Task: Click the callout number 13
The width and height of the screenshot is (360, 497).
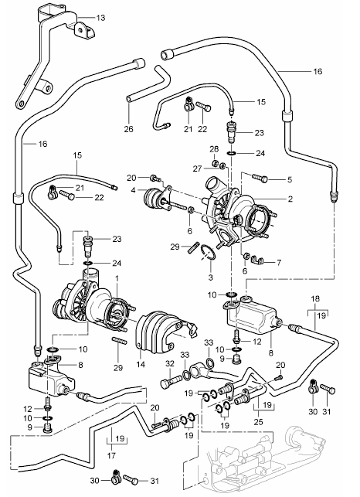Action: pos(100,18)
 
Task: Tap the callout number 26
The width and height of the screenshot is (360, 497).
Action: pos(129,129)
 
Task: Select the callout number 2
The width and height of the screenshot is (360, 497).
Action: pos(290,199)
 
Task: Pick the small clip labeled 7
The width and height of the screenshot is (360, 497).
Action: pos(258,260)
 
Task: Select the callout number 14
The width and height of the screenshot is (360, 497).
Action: pos(141,365)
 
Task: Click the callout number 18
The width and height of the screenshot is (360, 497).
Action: pos(315,298)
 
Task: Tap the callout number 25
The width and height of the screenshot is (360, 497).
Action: pos(259,422)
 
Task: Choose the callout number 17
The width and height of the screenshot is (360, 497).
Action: pos(111,456)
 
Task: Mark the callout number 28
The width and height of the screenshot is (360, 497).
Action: pos(214,149)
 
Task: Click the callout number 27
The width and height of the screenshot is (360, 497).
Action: pos(197,169)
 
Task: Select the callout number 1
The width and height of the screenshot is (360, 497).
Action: pos(117,278)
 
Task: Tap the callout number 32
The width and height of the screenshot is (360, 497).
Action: pos(170,363)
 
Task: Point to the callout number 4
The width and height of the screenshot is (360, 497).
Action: pos(133,190)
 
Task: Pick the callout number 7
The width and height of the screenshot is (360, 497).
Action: pos(279,263)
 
